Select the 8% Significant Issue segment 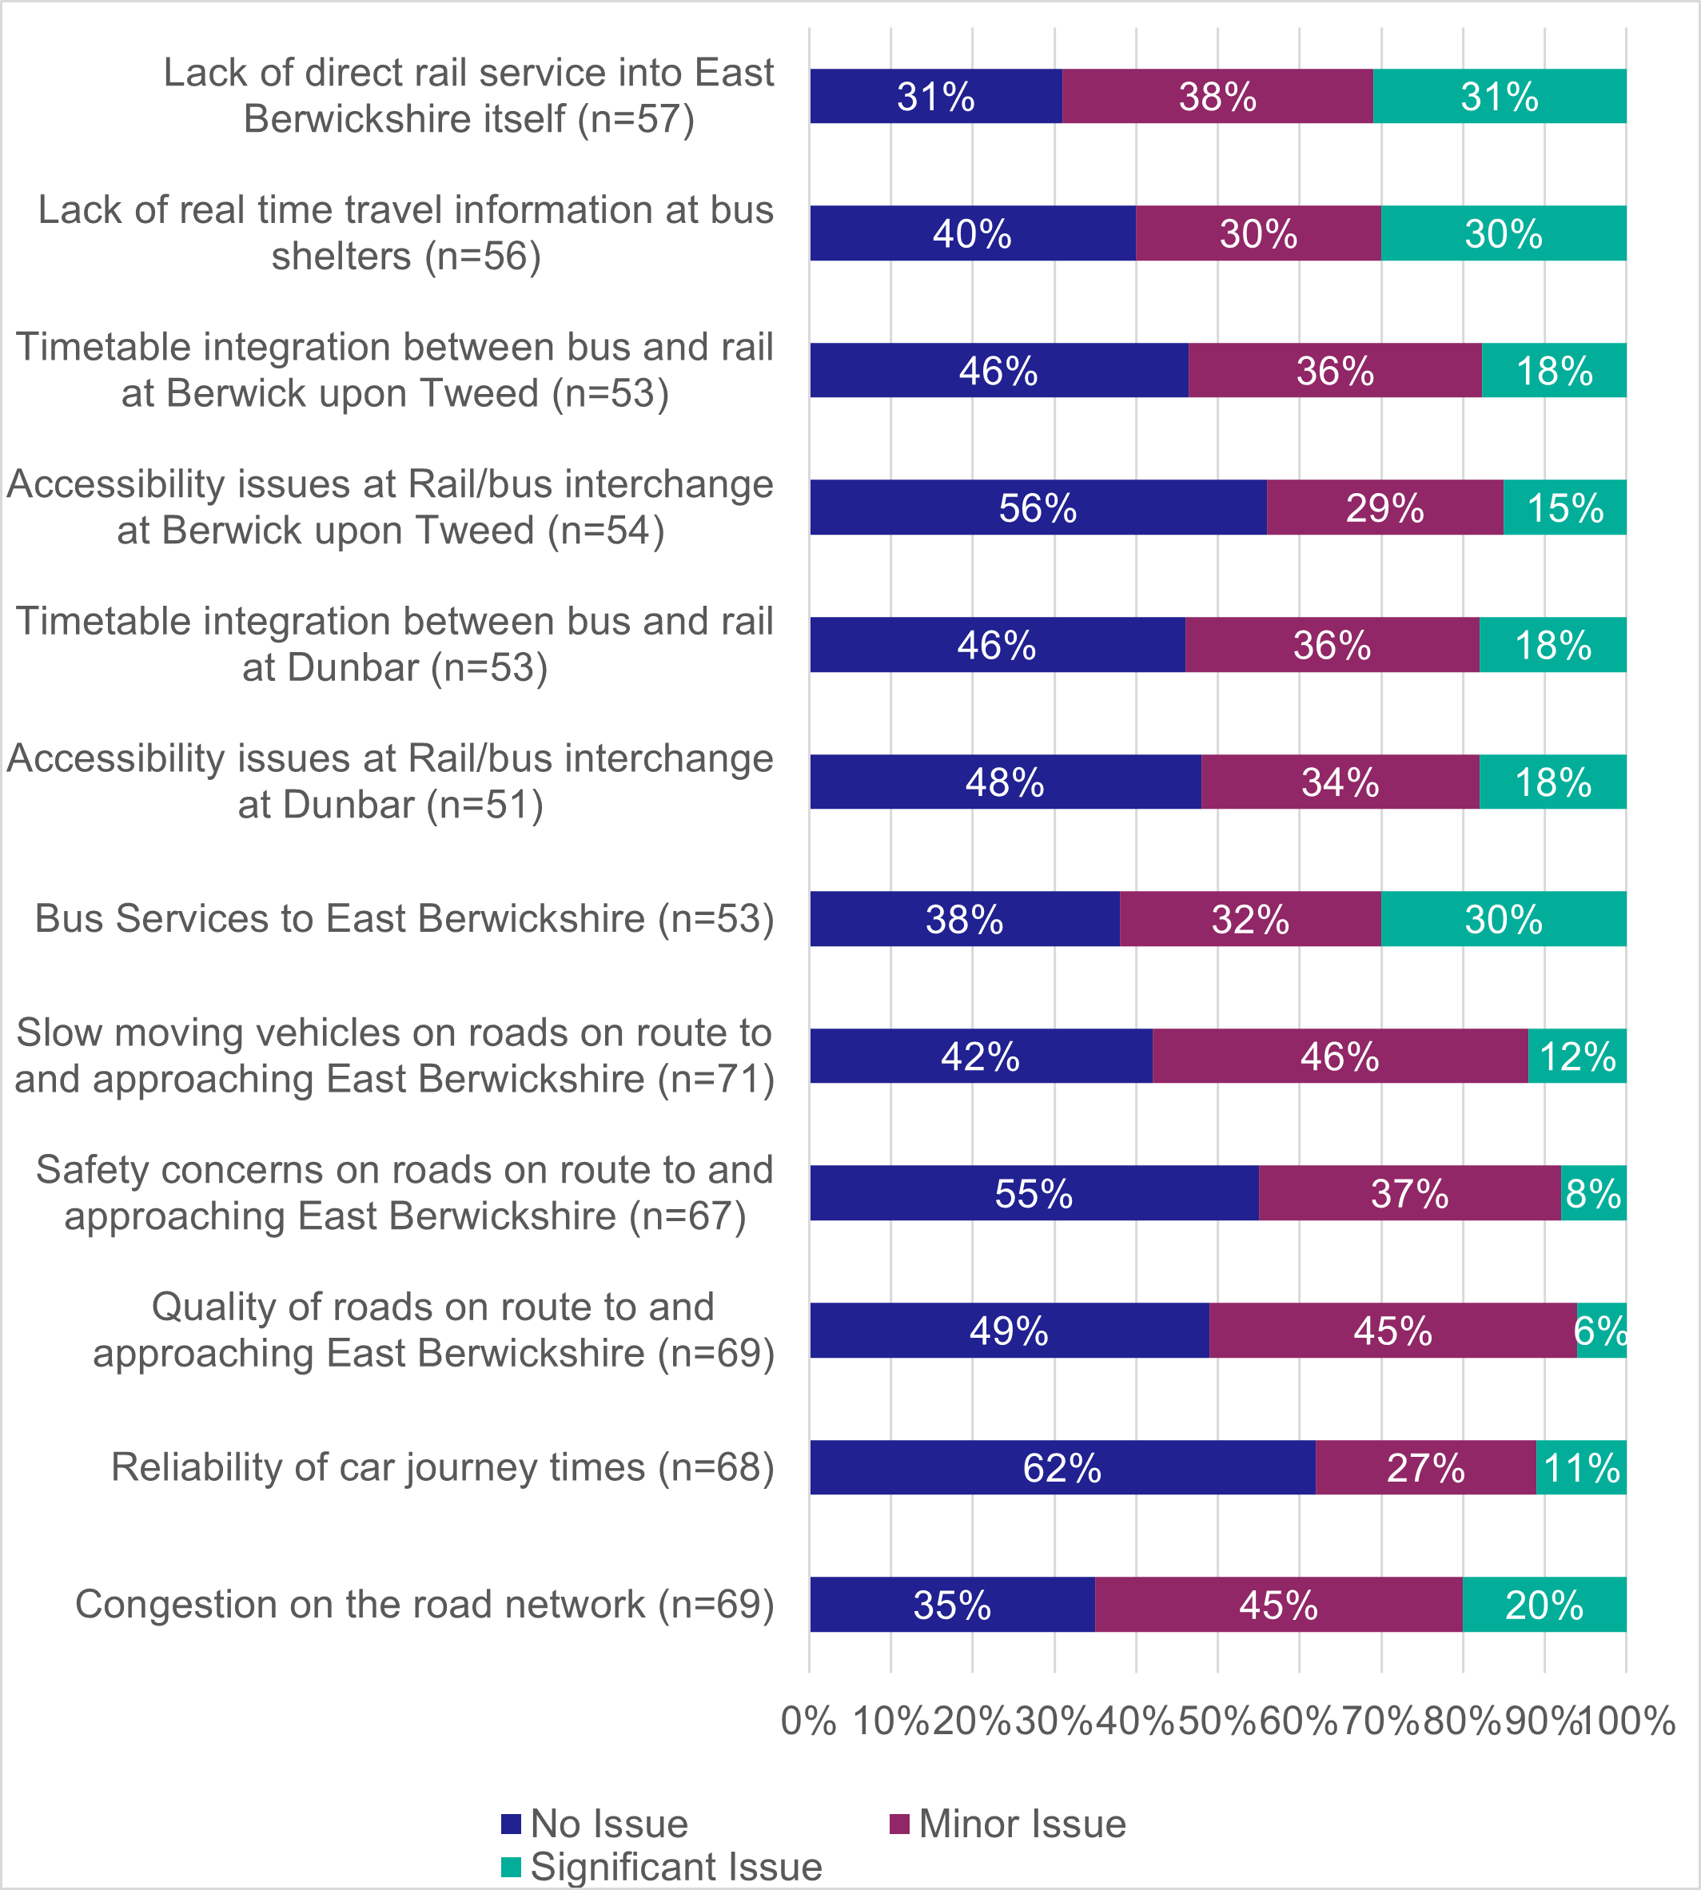[x=1594, y=1193]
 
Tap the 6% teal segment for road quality [x=1601, y=1330]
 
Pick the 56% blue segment [x=1038, y=507]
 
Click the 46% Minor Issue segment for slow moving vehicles [x=1340, y=1056]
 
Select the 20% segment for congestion [x=1544, y=1604]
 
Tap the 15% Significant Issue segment [x=1564, y=507]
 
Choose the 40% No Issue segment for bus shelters [x=972, y=233]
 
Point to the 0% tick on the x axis [x=808, y=1720]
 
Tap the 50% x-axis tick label [x=1217, y=1720]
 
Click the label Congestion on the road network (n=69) [x=425, y=1604]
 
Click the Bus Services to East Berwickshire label [x=404, y=918]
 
